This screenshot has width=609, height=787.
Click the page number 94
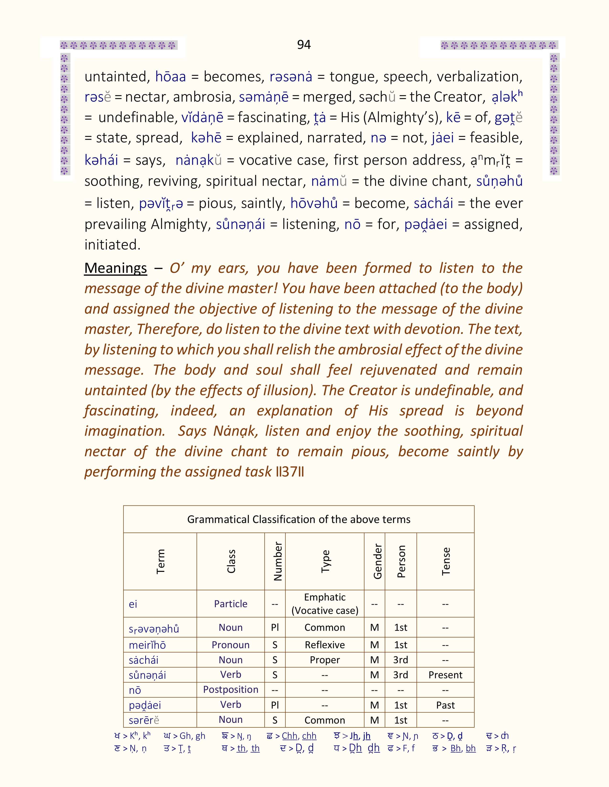coord(304,45)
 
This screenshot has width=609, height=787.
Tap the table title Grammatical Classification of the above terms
coord(299,519)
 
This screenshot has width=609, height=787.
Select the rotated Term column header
coord(160,561)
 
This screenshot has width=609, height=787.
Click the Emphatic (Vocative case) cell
coord(325,604)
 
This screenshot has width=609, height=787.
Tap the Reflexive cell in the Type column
coord(325,645)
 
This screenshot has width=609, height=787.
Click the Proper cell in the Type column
coord(325,660)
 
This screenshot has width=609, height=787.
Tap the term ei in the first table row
coord(133,604)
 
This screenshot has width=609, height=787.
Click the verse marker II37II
coord(289,472)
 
